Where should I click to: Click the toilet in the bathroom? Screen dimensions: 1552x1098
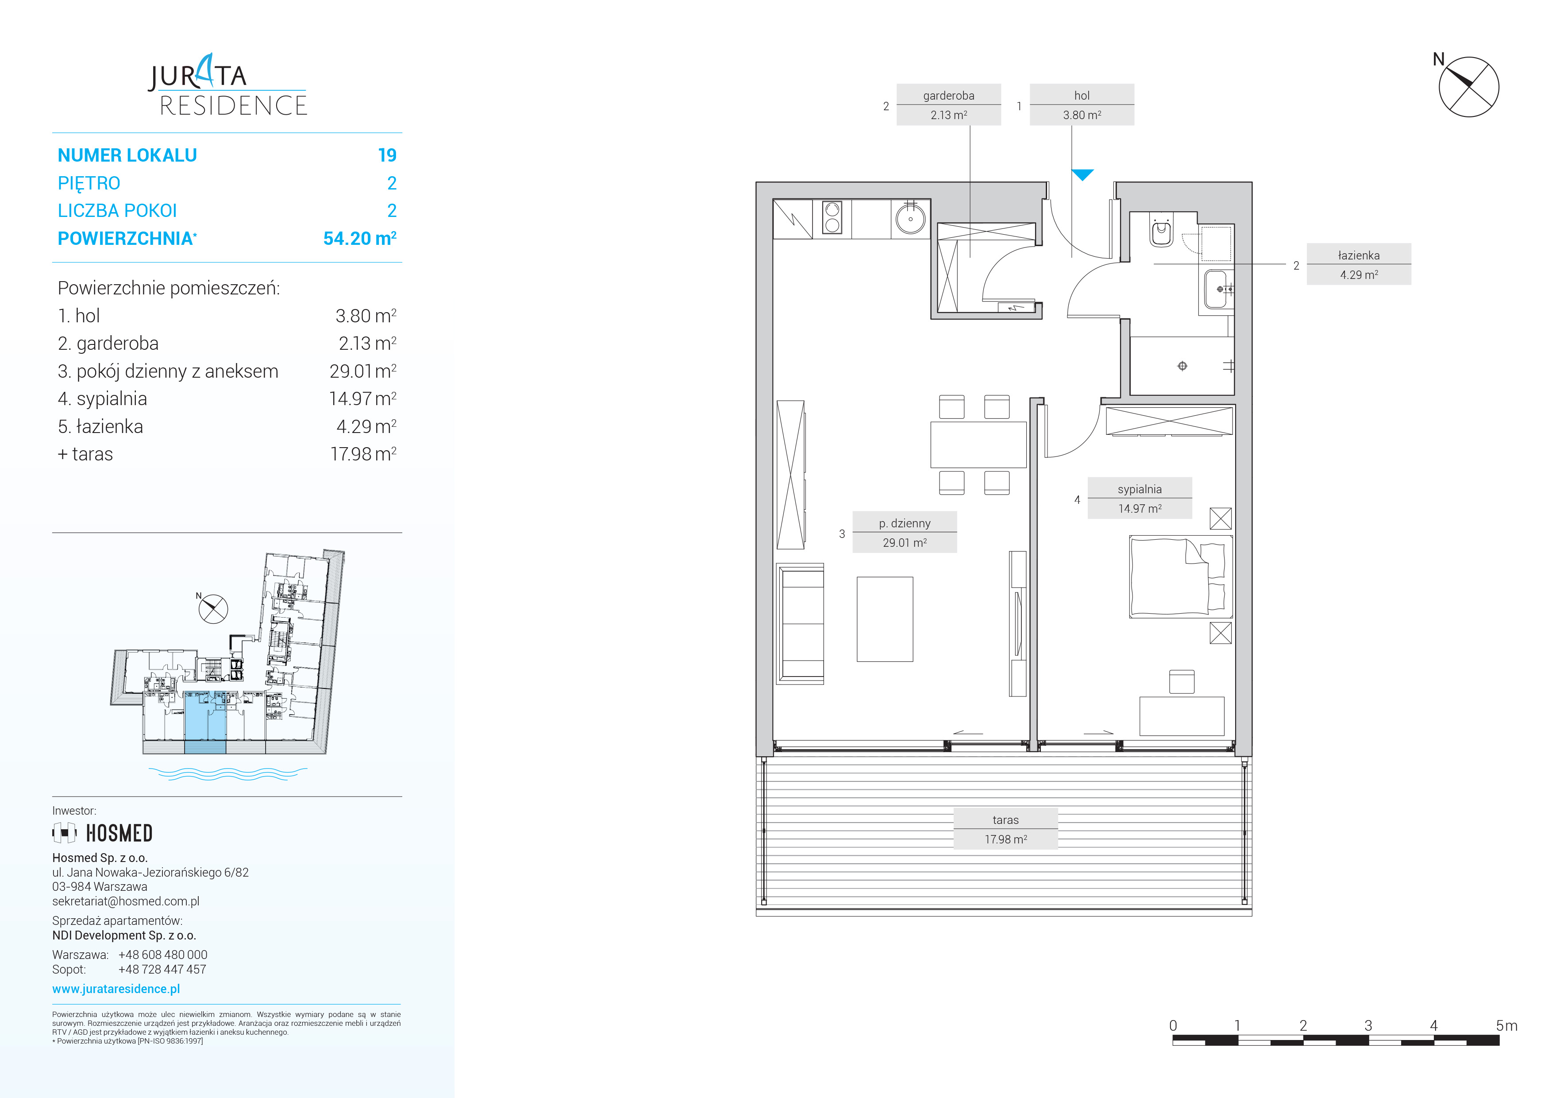point(1161,232)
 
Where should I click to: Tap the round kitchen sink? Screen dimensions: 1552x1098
point(910,218)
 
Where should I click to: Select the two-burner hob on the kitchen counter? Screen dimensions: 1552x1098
point(832,218)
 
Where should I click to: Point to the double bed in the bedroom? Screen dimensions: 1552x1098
point(1180,577)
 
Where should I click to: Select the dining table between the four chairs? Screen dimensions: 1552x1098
point(978,444)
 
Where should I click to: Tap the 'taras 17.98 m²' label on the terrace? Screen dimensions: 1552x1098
point(1005,829)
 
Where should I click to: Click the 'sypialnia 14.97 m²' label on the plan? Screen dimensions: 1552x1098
point(1140,498)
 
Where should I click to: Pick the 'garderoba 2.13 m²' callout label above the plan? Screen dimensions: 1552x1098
point(948,105)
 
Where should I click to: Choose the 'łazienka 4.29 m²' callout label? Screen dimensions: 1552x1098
point(1359,264)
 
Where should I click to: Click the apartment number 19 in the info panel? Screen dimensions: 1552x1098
point(387,155)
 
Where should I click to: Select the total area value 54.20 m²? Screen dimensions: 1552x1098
point(360,238)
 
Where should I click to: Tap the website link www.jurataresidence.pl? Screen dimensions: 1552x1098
point(116,989)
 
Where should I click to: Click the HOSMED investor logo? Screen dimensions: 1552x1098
point(103,833)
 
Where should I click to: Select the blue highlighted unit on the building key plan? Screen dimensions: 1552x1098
point(205,722)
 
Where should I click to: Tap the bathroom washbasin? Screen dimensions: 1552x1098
point(1217,290)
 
